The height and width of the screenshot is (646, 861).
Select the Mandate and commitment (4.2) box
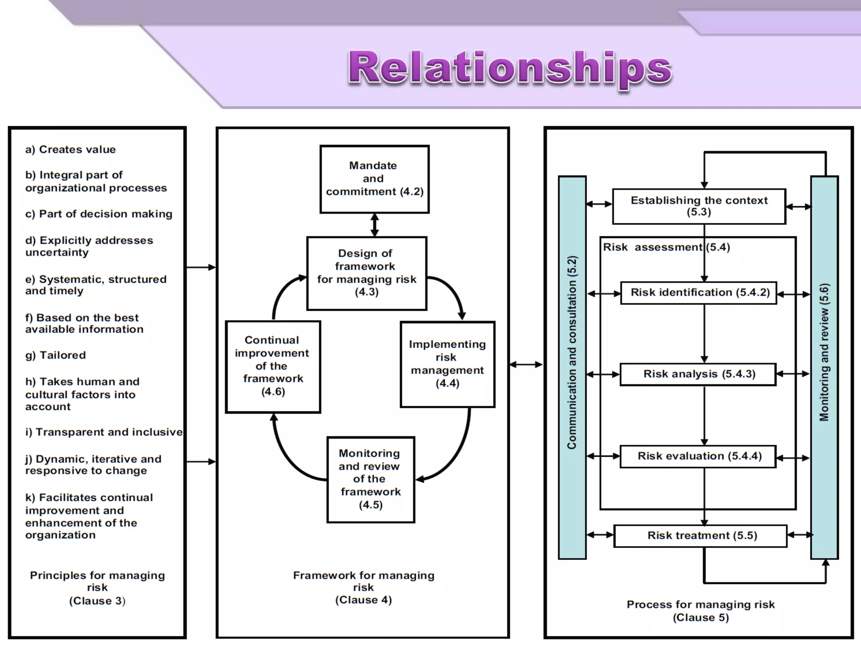pyautogui.click(x=374, y=179)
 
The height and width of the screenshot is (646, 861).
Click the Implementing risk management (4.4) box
pyautogui.click(x=447, y=364)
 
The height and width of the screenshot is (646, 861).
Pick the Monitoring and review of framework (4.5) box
pyautogui.click(x=370, y=479)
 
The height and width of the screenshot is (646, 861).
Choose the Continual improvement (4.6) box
pyautogui.click(x=273, y=366)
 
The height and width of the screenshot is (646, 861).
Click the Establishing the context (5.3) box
pyautogui.click(x=699, y=206)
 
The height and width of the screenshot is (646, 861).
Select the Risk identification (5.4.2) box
pyautogui.click(x=699, y=293)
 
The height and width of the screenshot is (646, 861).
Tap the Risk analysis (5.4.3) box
pyautogui.click(x=698, y=374)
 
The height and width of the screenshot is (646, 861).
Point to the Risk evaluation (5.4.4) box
pyautogui.click(x=698, y=456)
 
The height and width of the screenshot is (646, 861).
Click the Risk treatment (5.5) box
pyautogui.click(x=700, y=536)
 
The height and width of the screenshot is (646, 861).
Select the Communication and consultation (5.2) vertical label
pyautogui.click(x=572, y=353)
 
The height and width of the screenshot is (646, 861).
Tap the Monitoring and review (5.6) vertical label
pyautogui.click(x=824, y=353)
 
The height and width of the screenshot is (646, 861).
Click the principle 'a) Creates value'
pyautogui.click(x=70, y=150)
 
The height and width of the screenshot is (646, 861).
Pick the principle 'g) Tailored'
pyautogui.click(x=55, y=355)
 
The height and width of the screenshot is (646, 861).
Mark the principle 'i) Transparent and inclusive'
pyautogui.click(x=104, y=432)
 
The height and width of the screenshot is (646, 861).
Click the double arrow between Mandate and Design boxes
pyautogui.click(x=375, y=225)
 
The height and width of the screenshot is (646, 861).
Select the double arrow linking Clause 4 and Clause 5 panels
pyautogui.click(x=526, y=365)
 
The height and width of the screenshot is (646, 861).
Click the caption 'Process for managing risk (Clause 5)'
pyautogui.click(x=700, y=611)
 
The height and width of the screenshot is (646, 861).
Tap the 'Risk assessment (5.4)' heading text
pyautogui.click(x=666, y=247)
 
